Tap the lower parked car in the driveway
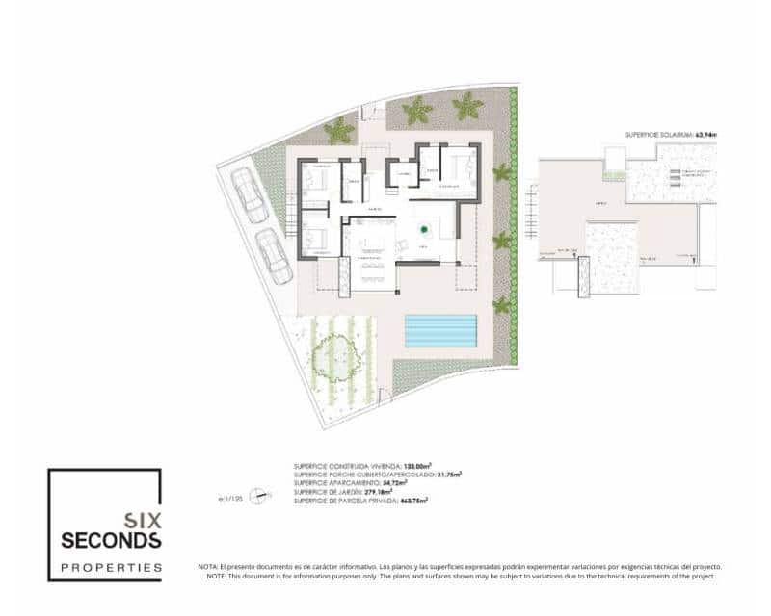274,257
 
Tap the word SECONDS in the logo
111,540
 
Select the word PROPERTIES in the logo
111,567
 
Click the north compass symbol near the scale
258,497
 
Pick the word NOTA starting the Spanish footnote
207,567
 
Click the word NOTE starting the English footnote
207,576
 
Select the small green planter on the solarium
613,175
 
